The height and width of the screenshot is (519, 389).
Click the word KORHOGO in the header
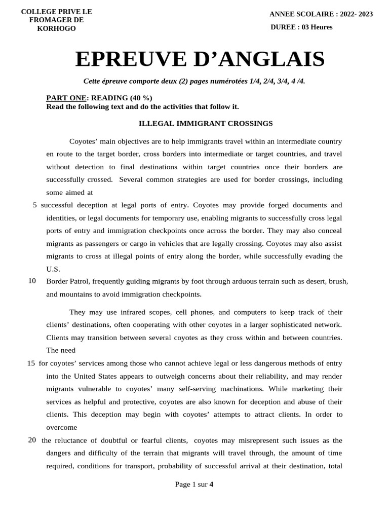point(56,29)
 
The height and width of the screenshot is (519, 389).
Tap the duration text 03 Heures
point(317,27)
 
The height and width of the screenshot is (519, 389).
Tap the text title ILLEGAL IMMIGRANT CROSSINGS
point(206,124)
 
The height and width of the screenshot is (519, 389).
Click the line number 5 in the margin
point(34,205)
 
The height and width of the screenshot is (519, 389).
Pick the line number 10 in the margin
point(32,281)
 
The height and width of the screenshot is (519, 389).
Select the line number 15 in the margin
point(31,363)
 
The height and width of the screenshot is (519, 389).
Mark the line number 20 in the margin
point(32,440)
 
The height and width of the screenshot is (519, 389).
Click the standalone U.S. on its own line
point(53,269)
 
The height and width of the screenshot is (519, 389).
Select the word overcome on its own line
point(61,427)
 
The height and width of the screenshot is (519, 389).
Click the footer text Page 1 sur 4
point(194,485)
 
